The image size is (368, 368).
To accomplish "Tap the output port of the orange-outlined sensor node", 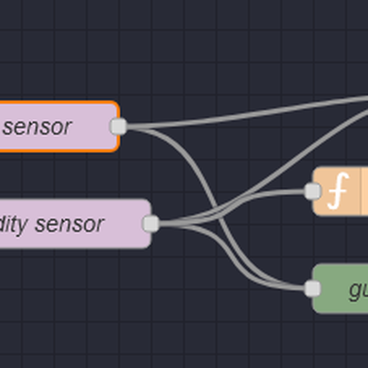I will click(118, 126).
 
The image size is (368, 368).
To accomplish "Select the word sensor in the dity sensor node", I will click(69, 224).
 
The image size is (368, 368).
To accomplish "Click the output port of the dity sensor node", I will click(150, 224).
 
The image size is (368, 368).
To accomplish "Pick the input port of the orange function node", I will click(312, 191).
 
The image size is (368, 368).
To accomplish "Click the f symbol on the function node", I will click(337, 191).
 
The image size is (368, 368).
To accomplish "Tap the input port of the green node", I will click(312, 288).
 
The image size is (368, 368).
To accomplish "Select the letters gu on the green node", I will click(358, 289).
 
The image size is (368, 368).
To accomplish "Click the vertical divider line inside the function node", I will click(361, 191).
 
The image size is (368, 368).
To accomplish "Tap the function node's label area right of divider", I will click(365, 191).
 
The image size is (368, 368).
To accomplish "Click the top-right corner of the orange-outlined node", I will click(117, 104).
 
